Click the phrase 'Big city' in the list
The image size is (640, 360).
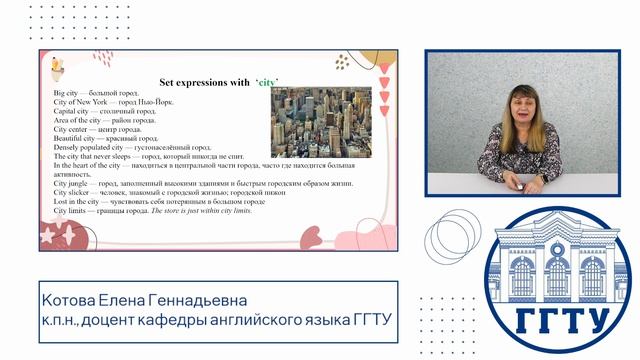tap(68, 92)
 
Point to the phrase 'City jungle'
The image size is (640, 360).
tap(71, 184)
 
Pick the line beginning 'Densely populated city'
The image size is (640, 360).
tap(129, 148)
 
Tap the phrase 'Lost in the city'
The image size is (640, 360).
tap(81, 202)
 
